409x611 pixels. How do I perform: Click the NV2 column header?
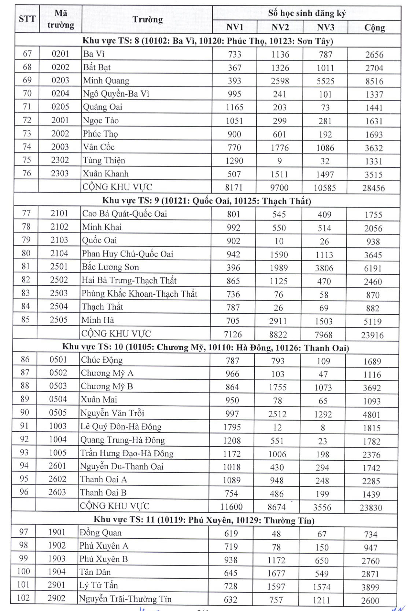(280, 27)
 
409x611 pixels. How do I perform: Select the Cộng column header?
(375, 28)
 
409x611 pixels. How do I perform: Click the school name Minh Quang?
(106, 81)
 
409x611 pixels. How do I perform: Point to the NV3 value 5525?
(325, 81)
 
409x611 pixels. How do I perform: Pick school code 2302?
(60, 160)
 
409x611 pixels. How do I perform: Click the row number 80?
(26, 253)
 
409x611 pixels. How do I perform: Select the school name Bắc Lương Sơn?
(110, 267)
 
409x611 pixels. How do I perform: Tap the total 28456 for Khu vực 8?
(373, 188)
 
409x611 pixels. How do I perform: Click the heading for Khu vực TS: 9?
(206, 201)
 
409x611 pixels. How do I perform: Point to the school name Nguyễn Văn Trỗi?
(112, 413)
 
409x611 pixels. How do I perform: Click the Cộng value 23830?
(371, 508)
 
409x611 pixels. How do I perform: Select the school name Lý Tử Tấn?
(99, 585)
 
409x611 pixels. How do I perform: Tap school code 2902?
(56, 598)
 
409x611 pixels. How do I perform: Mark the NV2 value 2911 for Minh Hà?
(278, 321)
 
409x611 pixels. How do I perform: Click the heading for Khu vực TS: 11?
(204, 520)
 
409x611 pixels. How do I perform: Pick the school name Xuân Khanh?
(106, 173)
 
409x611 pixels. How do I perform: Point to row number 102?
(23, 598)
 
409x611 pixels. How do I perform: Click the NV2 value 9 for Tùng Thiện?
(279, 161)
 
